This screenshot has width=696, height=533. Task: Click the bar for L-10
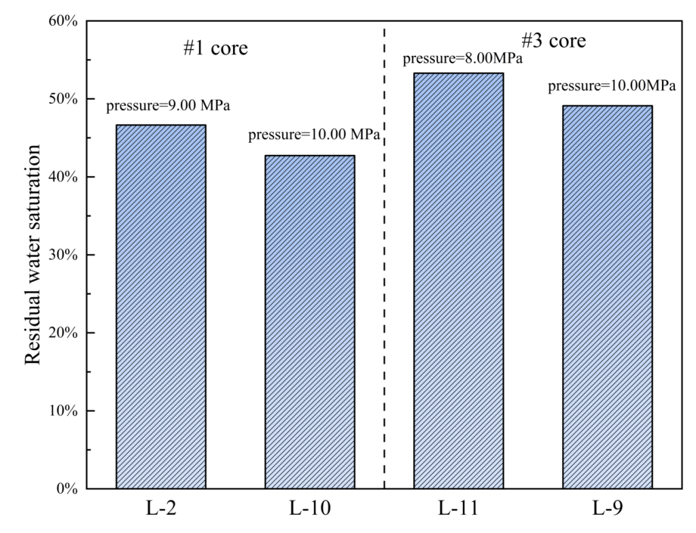pyautogui.click(x=310, y=322)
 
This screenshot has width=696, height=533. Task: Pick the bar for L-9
pyautogui.click(x=608, y=296)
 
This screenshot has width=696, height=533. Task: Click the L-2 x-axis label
pyautogui.click(x=160, y=509)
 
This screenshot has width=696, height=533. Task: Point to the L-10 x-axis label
pyautogui.click(x=310, y=509)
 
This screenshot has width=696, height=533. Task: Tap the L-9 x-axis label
pyautogui.click(x=608, y=509)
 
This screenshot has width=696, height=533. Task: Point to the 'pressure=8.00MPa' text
pyautogui.click(x=462, y=58)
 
